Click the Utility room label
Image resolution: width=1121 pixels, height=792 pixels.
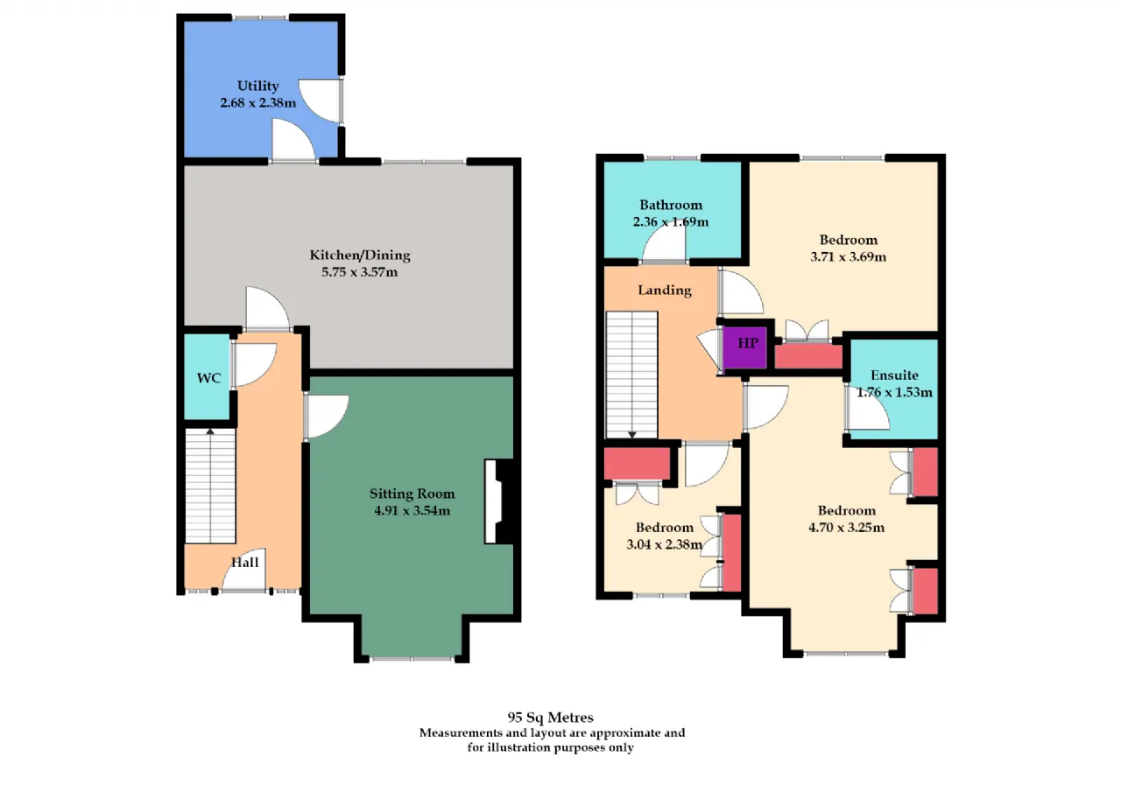click(x=257, y=86)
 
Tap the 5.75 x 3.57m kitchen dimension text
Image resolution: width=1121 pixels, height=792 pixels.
click(x=359, y=272)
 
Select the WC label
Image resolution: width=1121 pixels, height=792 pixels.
click(x=208, y=378)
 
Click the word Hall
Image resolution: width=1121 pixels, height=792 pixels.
click(x=244, y=563)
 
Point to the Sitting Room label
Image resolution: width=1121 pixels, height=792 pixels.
click(x=412, y=494)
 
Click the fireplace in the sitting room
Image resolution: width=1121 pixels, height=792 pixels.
click(x=499, y=501)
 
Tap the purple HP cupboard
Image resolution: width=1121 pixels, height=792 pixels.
click(x=745, y=347)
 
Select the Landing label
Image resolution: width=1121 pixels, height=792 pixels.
click(x=665, y=291)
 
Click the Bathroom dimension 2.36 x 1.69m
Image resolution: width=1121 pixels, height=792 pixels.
click(x=671, y=221)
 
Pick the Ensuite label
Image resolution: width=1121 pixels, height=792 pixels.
click(x=894, y=375)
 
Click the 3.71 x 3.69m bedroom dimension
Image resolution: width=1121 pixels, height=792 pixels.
click(x=849, y=256)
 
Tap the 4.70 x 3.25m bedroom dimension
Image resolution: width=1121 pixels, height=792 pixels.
click(x=846, y=527)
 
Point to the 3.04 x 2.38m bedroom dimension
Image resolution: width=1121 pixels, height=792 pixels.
click(x=664, y=544)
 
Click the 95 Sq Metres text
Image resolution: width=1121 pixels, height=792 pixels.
click(x=551, y=718)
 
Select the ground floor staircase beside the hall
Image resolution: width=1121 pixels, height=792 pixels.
click(x=211, y=486)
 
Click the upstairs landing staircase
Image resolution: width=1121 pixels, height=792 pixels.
click(x=632, y=375)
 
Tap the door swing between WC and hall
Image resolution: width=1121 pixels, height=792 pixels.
click(x=255, y=365)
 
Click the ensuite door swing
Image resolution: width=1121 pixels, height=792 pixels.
click(x=868, y=409)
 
